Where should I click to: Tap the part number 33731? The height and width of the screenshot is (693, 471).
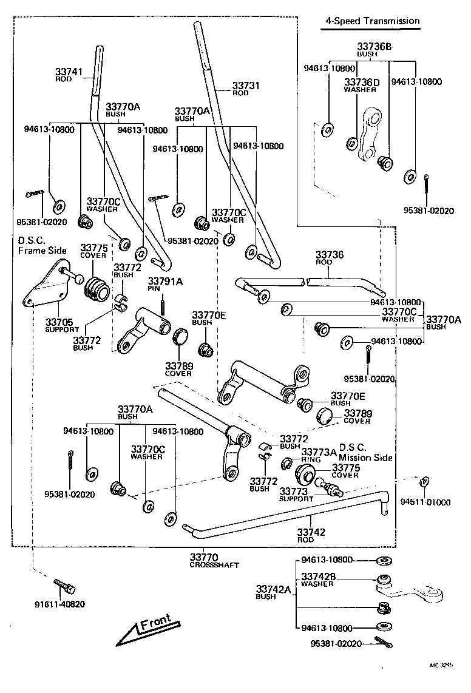245,86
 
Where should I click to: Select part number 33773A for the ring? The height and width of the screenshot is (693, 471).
319,452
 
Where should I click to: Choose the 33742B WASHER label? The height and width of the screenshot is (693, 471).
317,580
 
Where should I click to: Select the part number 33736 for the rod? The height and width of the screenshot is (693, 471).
329,255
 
